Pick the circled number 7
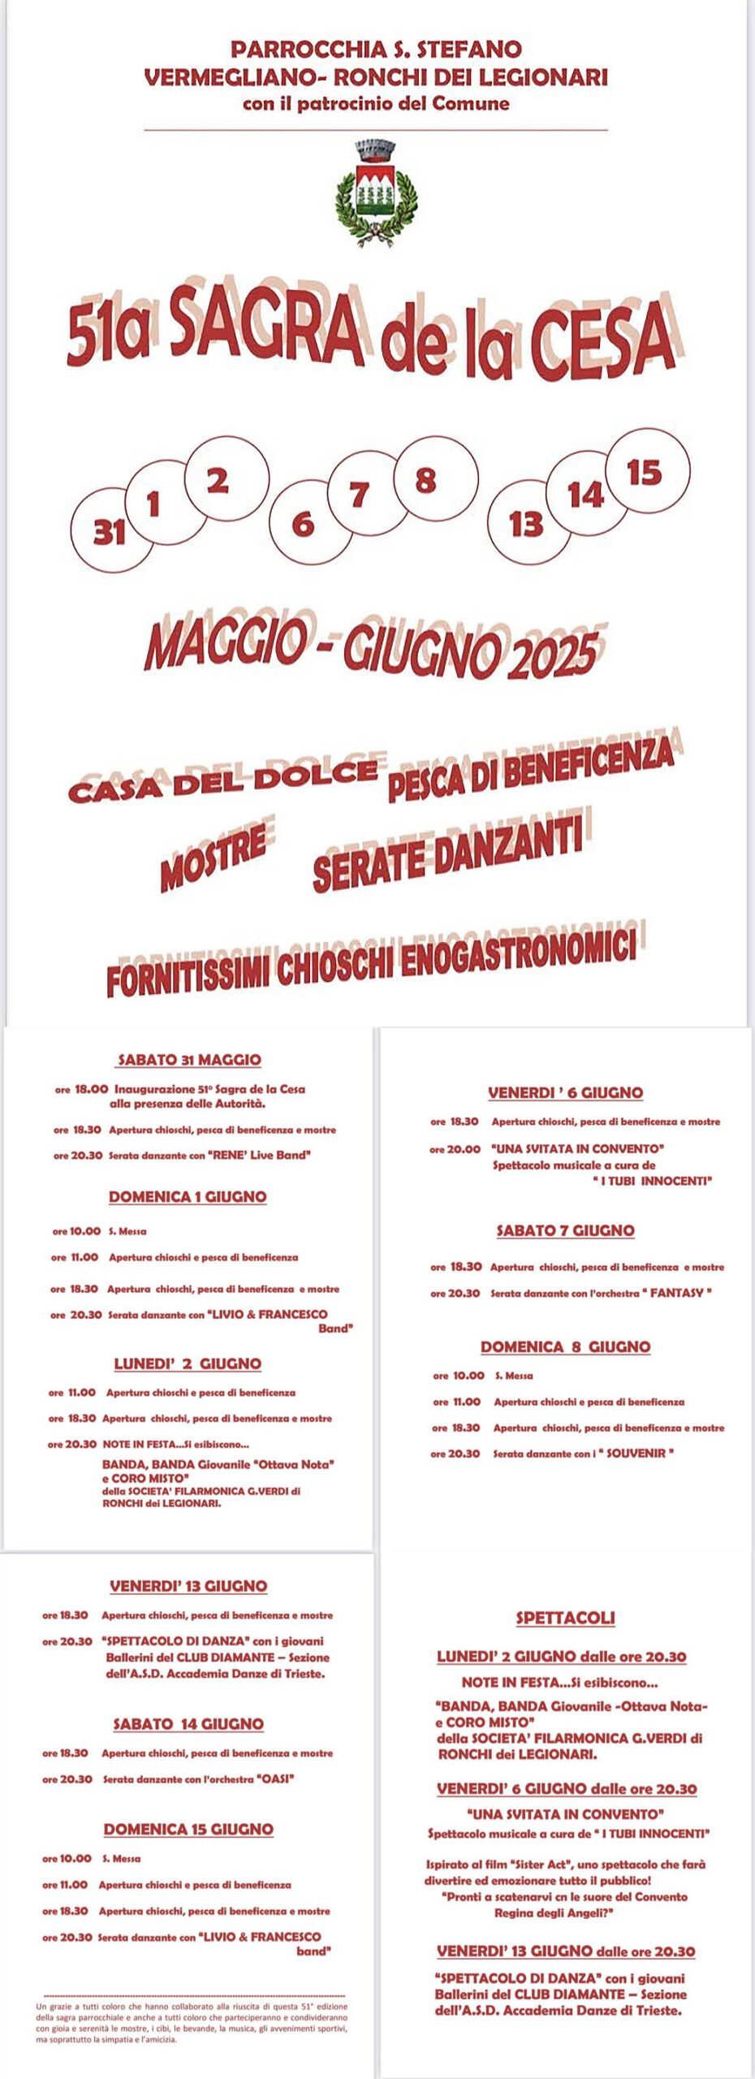(360, 494)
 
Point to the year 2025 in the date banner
(554, 655)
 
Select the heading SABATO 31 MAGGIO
(189, 1059)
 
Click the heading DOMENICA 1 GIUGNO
(188, 1196)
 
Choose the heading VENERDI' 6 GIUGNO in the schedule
(565, 1092)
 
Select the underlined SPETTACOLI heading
(565, 1617)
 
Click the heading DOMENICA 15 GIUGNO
(188, 1829)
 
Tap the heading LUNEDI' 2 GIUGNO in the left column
(188, 1364)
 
